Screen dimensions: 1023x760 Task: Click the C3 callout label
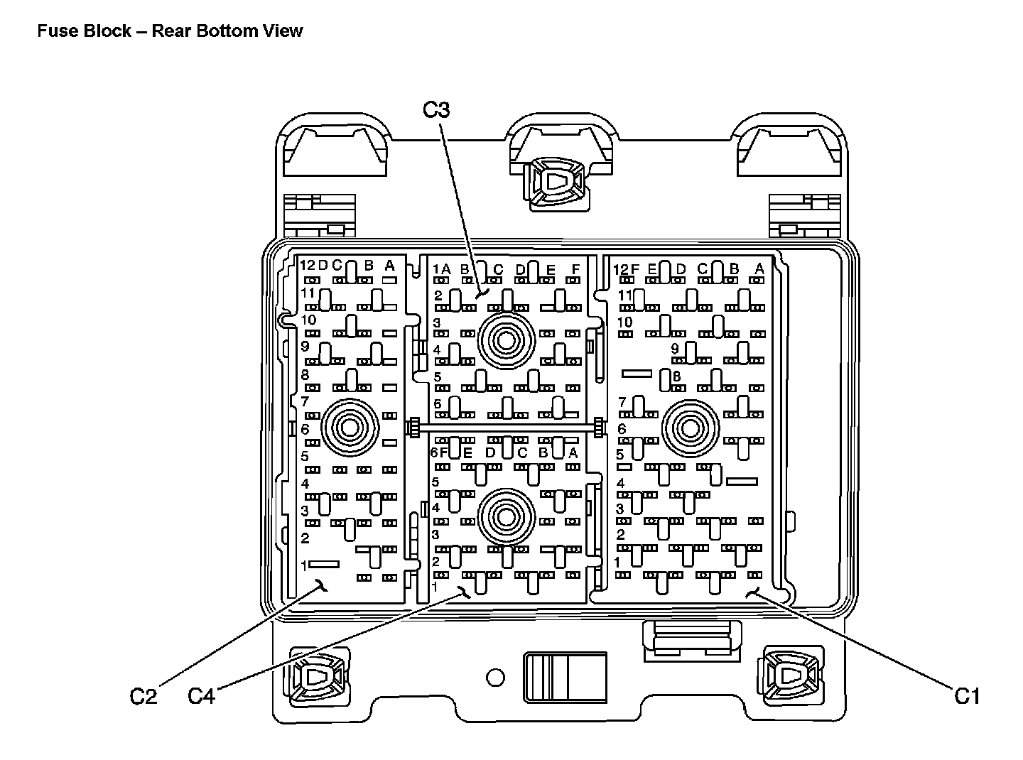[x=436, y=110]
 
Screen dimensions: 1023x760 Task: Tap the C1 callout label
[x=966, y=696]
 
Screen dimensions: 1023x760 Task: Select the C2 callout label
[x=143, y=696]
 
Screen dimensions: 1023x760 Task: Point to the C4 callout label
[x=202, y=696]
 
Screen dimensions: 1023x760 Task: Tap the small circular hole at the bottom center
[x=495, y=678]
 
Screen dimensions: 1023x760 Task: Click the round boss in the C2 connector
[x=350, y=428]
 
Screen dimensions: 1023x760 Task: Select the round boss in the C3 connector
[x=507, y=341]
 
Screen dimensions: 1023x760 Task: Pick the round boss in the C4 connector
[x=507, y=517]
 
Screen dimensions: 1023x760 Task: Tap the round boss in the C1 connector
[x=691, y=428]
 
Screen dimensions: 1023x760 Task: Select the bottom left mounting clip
[x=319, y=677]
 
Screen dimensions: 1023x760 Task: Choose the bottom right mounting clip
[x=792, y=676]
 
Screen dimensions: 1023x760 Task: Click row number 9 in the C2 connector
[x=305, y=346]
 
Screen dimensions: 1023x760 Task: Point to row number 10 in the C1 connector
[x=625, y=322]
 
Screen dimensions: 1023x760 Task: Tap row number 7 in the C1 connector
[x=622, y=402]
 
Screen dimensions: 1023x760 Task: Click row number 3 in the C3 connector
[x=437, y=322]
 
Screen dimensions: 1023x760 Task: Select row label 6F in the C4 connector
[x=440, y=452]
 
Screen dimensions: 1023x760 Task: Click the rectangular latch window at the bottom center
[x=565, y=678]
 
